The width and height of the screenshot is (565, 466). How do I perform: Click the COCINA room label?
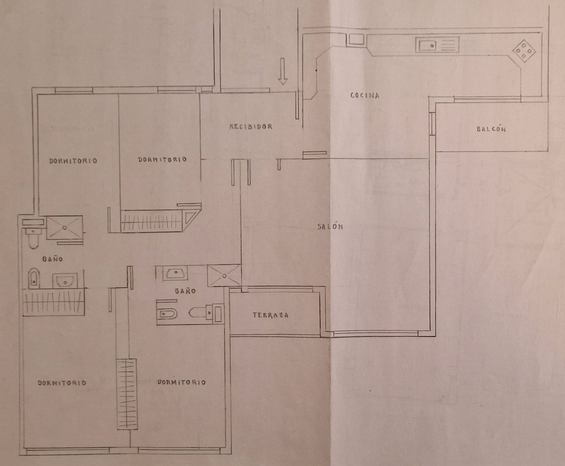(365, 95)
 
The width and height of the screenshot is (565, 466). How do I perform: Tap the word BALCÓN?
(491, 129)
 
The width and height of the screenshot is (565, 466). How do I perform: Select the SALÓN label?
(330, 227)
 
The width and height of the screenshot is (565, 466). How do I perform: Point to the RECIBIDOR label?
(251, 126)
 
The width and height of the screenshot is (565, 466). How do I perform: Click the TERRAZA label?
(270, 315)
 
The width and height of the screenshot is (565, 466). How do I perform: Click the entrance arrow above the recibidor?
(283, 71)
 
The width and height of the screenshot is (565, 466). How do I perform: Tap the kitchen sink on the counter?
(437, 45)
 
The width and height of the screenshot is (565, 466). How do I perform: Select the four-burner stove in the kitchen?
(524, 51)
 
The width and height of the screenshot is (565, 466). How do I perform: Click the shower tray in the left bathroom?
(64, 227)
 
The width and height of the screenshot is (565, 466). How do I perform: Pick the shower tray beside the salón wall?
(224, 276)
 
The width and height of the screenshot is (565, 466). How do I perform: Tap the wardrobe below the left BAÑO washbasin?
(53, 302)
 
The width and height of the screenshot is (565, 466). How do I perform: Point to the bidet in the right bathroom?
(167, 314)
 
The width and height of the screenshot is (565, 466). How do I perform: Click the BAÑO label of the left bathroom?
(53, 259)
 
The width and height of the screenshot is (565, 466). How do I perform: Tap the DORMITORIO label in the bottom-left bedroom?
(62, 383)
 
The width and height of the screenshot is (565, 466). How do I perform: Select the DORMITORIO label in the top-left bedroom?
(73, 161)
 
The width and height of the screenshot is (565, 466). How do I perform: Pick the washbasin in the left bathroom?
(65, 280)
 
